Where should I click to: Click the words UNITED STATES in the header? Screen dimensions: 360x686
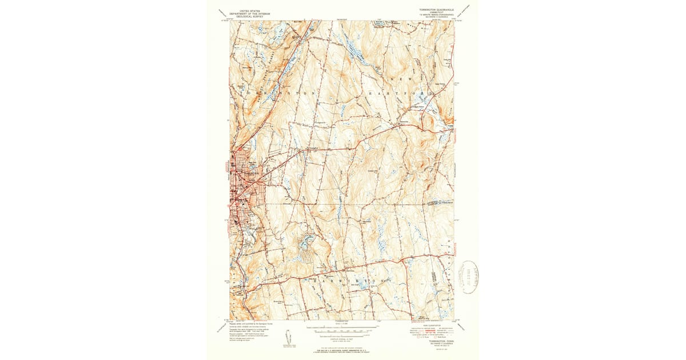click(249, 10)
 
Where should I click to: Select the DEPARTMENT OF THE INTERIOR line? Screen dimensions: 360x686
click(249, 13)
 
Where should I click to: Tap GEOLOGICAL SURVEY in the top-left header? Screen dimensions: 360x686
click(249, 16)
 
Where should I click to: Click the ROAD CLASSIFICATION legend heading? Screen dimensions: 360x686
click(432, 323)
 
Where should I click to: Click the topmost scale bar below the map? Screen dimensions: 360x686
click(343, 329)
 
